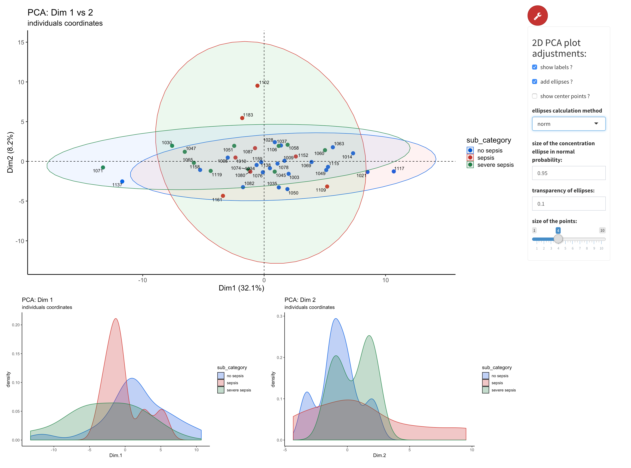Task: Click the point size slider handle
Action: [558, 239]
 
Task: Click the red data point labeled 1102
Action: [257, 86]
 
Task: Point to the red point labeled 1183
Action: [242, 118]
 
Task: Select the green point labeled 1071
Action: [103, 167]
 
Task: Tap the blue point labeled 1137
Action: [122, 181]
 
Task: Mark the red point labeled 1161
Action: [223, 196]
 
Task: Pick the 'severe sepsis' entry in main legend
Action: [495, 165]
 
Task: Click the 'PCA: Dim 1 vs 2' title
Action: [60, 12]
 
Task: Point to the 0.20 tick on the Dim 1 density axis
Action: [16, 325]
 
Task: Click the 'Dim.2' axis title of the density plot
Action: [379, 455]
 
